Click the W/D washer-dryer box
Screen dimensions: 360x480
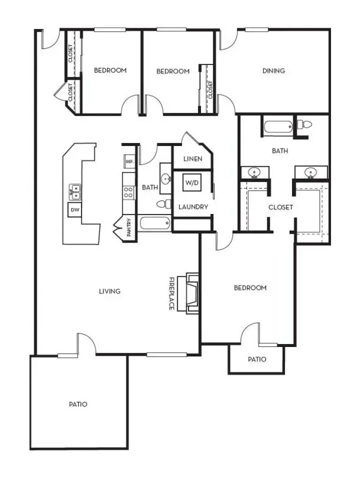click(x=192, y=183)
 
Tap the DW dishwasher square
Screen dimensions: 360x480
click(x=74, y=210)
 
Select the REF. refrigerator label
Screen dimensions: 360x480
click(x=130, y=161)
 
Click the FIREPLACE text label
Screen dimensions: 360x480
click(x=172, y=294)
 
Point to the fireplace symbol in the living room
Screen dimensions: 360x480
click(x=189, y=293)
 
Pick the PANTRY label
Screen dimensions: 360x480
click(x=129, y=227)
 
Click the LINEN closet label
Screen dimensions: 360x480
click(x=193, y=158)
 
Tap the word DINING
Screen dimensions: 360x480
click(x=274, y=71)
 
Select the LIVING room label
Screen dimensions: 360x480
click(x=109, y=291)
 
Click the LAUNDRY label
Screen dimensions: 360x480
click(x=193, y=207)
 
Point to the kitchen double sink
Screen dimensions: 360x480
click(x=75, y=192)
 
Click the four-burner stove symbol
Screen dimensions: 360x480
click(x=129, y=193)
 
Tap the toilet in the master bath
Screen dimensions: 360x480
click(x=304, y=125)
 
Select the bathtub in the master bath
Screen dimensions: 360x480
click(x=278, y=127)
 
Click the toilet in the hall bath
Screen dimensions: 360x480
click(x=164, y=203)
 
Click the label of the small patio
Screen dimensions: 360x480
click(x=257, y=359)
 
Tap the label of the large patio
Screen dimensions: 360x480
click(x=78, y=404)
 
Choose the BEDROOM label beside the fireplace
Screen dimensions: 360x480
click(x=250, y=288)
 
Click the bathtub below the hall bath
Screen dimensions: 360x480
click(x=155, y=223)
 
